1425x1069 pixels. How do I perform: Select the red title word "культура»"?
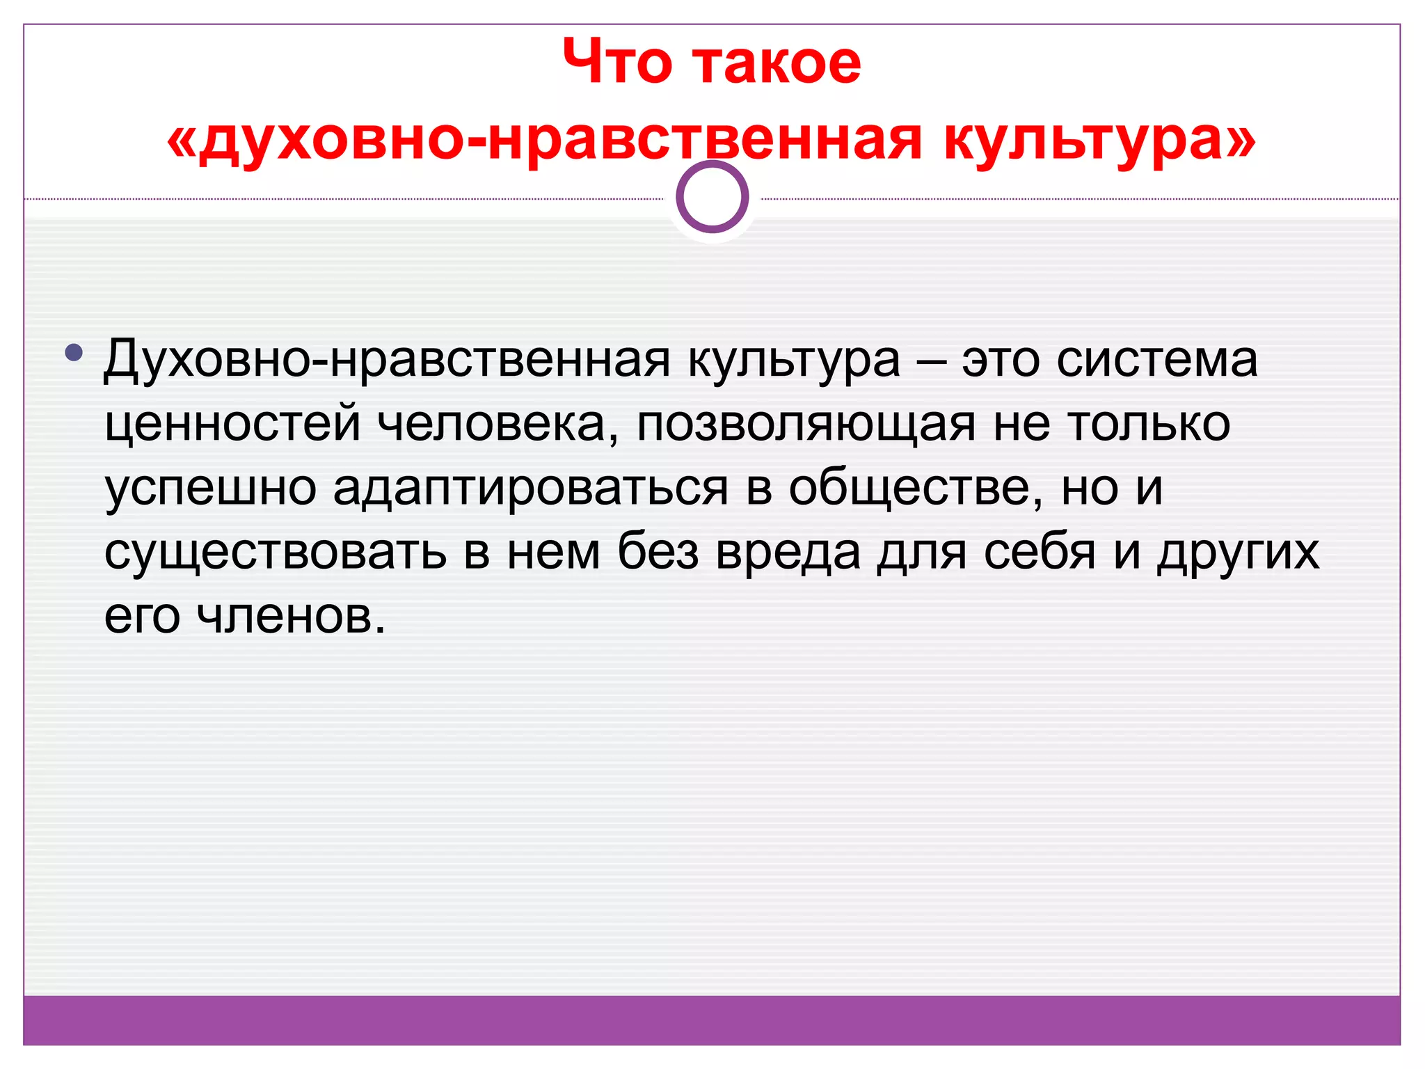1099,139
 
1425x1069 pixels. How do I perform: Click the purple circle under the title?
712,197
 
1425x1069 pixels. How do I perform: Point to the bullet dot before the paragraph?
73,353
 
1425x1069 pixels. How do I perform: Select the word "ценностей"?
232,424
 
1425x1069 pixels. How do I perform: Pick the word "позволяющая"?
806,425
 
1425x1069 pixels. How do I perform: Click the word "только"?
1148,424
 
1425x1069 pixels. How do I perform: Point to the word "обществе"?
916,487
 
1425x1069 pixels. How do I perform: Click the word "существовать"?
276,552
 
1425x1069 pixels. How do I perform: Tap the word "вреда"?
788,552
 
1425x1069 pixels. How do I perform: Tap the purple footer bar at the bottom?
712,1020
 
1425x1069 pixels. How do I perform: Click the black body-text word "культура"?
794,361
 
